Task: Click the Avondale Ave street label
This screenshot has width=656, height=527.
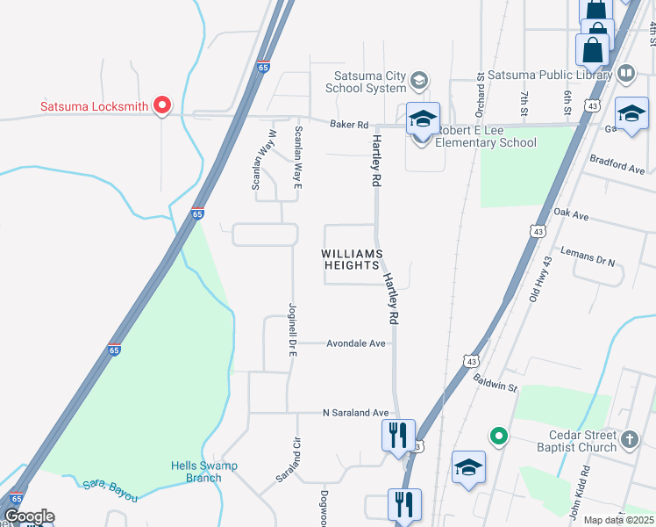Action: [356, 343]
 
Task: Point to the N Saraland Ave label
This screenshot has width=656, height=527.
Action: [355, 413]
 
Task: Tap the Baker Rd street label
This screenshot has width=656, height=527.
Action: [348, 125]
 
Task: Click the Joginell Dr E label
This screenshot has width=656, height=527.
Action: [294, 330]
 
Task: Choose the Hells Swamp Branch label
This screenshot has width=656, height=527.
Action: [204, 472]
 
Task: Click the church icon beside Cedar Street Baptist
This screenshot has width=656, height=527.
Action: [629, 437]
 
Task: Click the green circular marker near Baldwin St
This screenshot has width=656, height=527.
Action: [499, 436]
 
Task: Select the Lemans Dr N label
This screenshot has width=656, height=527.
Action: [588, 256]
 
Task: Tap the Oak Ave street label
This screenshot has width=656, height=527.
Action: [571, 214]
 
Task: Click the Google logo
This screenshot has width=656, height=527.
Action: [29, 516]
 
